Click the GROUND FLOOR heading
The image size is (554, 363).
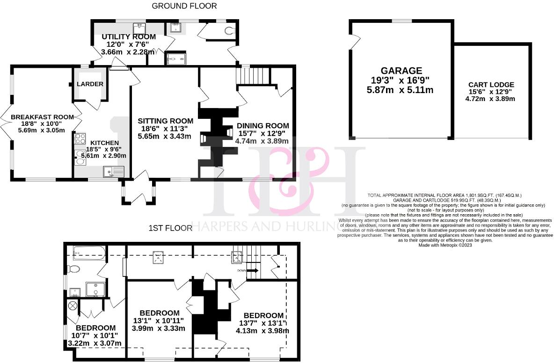click(x=184, y=6)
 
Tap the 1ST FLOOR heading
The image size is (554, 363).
click(x=170, y=228)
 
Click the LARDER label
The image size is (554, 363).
click(x=89, y=84)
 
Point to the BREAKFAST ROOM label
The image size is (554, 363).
click(x=43, y=117)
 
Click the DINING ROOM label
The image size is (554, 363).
click(x=262, y=125)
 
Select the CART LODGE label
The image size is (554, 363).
click(x=491, y=85)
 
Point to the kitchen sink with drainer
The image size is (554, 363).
click(x=112, y=172)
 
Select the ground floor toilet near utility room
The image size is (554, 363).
click(x=230, y=31)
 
